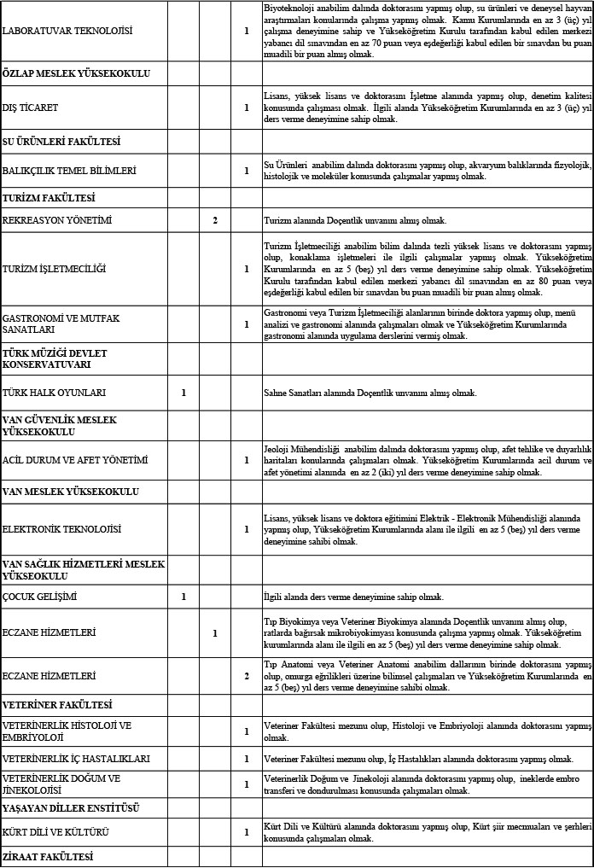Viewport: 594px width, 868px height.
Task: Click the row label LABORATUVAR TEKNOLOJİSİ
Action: (67, 32)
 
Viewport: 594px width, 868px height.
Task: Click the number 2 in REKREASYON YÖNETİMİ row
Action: (215, 221)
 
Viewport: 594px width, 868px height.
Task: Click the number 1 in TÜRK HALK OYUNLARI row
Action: (183, 393)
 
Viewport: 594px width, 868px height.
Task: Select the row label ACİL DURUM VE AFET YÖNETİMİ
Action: (75, 461)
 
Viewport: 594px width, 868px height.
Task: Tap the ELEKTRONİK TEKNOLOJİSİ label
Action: (62, 529)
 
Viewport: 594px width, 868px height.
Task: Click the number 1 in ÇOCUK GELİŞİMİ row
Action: (183, 597)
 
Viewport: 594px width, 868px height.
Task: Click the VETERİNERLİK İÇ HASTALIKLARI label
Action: (77, 759)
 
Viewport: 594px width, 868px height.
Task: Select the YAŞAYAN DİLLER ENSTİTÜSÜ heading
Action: (72, 807)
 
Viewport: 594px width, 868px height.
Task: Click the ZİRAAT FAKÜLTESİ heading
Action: (48, 856)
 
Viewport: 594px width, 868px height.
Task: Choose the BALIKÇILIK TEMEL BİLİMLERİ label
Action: (69, 171)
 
